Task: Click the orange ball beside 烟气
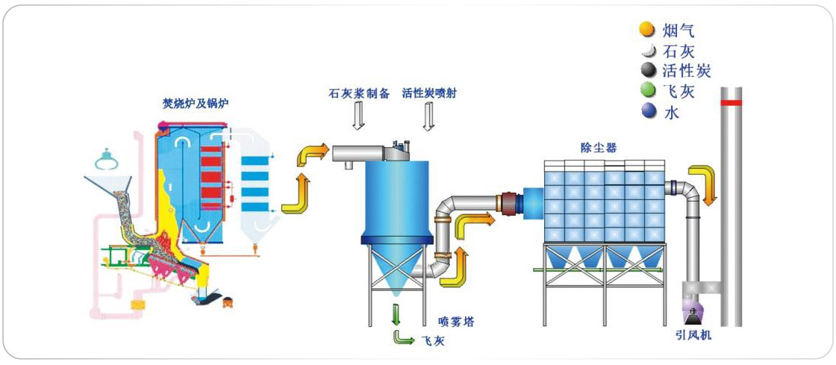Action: (646, 30)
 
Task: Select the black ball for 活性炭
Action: (646, 70)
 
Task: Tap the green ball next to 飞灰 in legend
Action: (646, 91)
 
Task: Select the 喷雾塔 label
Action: (455, 322)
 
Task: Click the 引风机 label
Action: (693, 336)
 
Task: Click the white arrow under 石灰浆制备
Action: (358, 116)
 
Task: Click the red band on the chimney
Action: (731, 102)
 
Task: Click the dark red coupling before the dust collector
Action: (509, 203)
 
